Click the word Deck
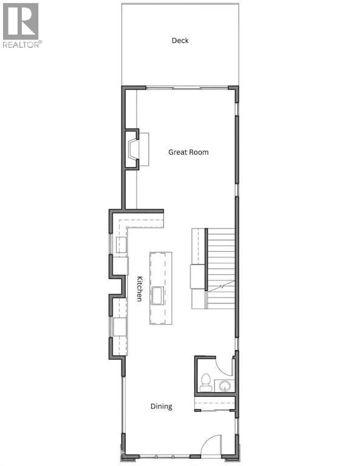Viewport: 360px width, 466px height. pyautogui.click(x=180, y=41)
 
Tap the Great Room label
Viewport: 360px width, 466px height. pyautogui.click(x=188, y=152)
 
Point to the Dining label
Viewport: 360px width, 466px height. pyautogui.click(x=161, y=407)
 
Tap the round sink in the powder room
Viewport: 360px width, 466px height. pyautogui.click(x=225, y=385)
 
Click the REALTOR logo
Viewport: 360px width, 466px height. pyautogui.click(x=21, y=25)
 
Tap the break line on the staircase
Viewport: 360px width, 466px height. pyautogui.click(x=222, y=285)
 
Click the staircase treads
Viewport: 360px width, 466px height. pyautogui.click(x=221, y=255)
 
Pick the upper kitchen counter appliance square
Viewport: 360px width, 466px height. pyautogui.click(x=121, y=245)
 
